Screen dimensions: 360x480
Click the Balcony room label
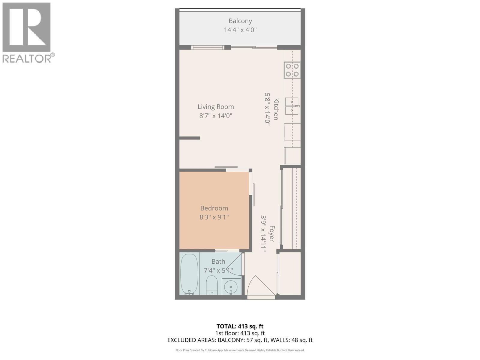240,21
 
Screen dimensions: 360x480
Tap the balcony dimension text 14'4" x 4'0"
240,30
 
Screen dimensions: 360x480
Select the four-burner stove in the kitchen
292,70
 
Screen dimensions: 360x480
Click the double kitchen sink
292,106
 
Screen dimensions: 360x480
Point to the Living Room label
216,107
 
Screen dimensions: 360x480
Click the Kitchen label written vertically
276,109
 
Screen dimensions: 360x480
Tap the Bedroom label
214,208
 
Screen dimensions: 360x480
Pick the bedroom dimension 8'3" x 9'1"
214,217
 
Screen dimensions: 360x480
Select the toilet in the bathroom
212,285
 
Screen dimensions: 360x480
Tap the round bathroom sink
231,287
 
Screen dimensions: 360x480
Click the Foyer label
272,234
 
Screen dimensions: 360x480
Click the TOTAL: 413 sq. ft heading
240,326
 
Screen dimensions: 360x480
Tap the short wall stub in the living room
190,138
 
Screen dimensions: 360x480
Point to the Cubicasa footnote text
240,350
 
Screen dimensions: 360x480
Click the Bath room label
218,262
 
